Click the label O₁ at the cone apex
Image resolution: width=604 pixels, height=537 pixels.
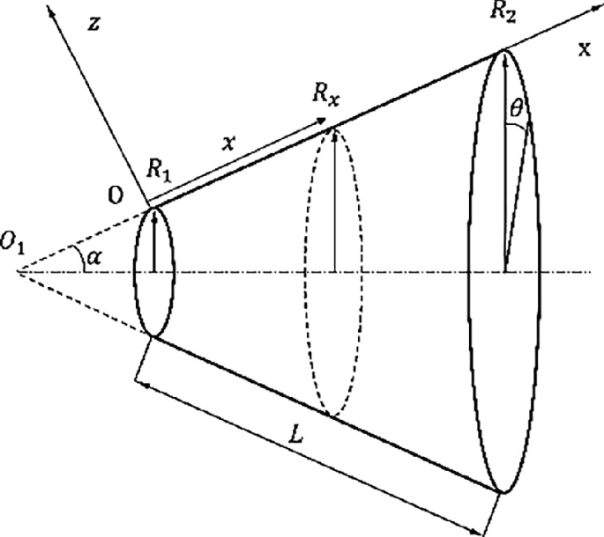(x=12, y=243)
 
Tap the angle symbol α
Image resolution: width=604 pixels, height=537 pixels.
(x=93, y=257)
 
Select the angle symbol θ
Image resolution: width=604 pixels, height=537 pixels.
(x=516, y=108)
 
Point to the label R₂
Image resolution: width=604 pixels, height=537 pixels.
(x=503, y=12)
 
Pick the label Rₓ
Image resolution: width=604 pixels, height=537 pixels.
(x=326, y=94)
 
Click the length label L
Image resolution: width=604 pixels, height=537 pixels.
(x=296, y=435)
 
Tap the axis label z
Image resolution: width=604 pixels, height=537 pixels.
(x=94, y=24)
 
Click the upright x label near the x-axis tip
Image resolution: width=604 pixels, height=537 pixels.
(x=585, y=49)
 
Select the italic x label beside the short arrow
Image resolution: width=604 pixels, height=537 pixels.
(x=228, y=143)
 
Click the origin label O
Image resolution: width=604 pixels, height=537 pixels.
(x=116, y=196)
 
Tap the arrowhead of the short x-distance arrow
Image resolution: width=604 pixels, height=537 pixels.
(x=320, y=121)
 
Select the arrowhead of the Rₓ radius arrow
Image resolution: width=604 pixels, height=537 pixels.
(x=335, y=133)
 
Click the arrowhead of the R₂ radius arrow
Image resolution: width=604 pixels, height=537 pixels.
(x=504, y=57)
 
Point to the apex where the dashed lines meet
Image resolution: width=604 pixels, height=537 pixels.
(x=17, y=271)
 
